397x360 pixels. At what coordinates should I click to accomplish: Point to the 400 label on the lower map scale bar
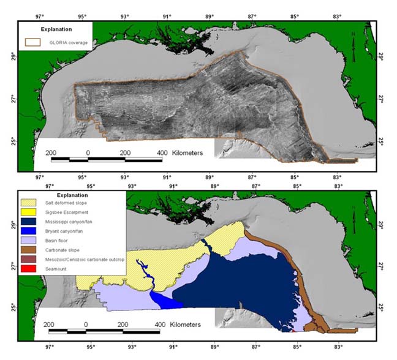161,323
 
